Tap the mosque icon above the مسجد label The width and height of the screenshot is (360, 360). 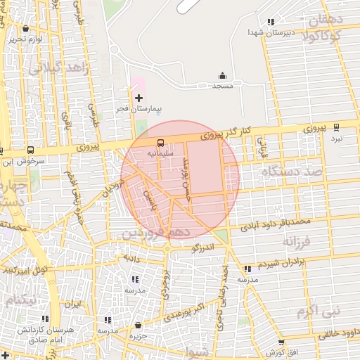tap(223, 75)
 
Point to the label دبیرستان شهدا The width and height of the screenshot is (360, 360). tap(268, 32)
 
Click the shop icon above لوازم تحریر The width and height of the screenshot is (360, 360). tap(25, 29)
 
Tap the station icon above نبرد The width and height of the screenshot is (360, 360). tap(336, 127)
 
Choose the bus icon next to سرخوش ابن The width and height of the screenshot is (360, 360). tap(30, 150)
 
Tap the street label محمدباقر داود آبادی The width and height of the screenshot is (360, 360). tap(275, 224)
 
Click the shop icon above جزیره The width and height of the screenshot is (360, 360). tap(137, 326)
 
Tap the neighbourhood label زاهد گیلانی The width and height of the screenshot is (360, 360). tap(55, 68)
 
